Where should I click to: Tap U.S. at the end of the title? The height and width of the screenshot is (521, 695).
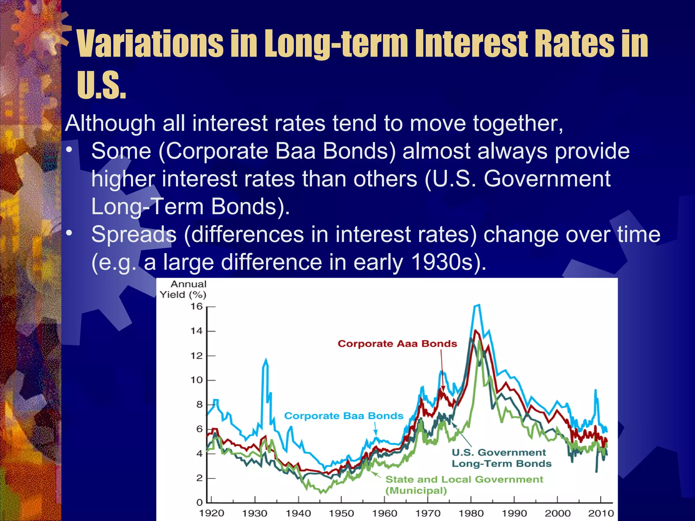point(101,85)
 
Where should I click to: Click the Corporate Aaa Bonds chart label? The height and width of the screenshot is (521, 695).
point(397,344)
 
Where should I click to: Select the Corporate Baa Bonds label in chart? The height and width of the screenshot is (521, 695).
point(343,416)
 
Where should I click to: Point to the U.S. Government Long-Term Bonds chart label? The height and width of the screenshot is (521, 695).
point(501,458)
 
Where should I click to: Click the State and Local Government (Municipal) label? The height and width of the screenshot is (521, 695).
point(464,484)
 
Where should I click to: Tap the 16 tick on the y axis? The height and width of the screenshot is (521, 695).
point(196,307)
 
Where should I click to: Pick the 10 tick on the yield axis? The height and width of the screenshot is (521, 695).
point(196,380)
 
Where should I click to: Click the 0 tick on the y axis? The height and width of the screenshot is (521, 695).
point(199,502)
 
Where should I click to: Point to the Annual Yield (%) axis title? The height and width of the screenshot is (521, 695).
point(184,289)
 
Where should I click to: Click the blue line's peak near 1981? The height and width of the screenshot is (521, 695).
point(477,305)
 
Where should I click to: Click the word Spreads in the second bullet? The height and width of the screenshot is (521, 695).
point(134,234)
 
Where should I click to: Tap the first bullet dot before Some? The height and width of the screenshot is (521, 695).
point(69,150)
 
